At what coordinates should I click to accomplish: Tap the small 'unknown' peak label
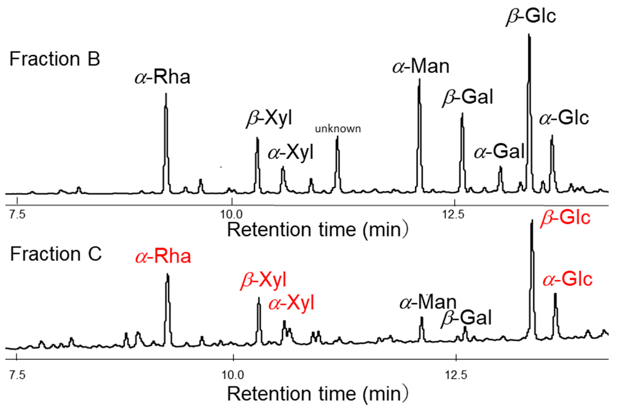point(338,129)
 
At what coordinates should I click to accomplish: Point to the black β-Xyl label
point(269,119)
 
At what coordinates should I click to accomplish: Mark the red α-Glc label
point(567,279)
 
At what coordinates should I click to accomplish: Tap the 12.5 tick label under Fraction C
point(456,375)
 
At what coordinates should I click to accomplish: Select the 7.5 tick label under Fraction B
point(17,214)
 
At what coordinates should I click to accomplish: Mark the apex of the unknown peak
point(337,137)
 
